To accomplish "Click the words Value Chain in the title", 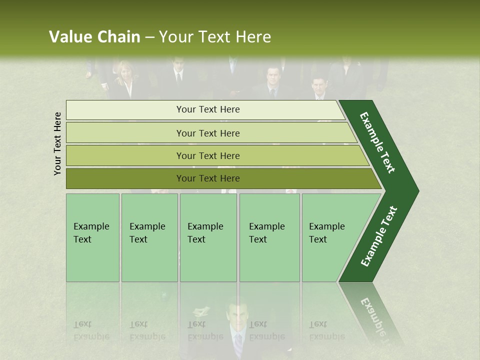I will tap(94, 37).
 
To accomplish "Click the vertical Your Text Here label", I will tap(57, 143).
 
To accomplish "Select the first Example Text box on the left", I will tap(92, 237).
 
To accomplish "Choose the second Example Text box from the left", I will tap(149, 237).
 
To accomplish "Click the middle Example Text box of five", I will tap(208, 237).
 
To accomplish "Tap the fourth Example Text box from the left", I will tap(269, 237).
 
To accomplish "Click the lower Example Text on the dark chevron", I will tap(379, 236).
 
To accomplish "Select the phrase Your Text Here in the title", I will tap(215, 37).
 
